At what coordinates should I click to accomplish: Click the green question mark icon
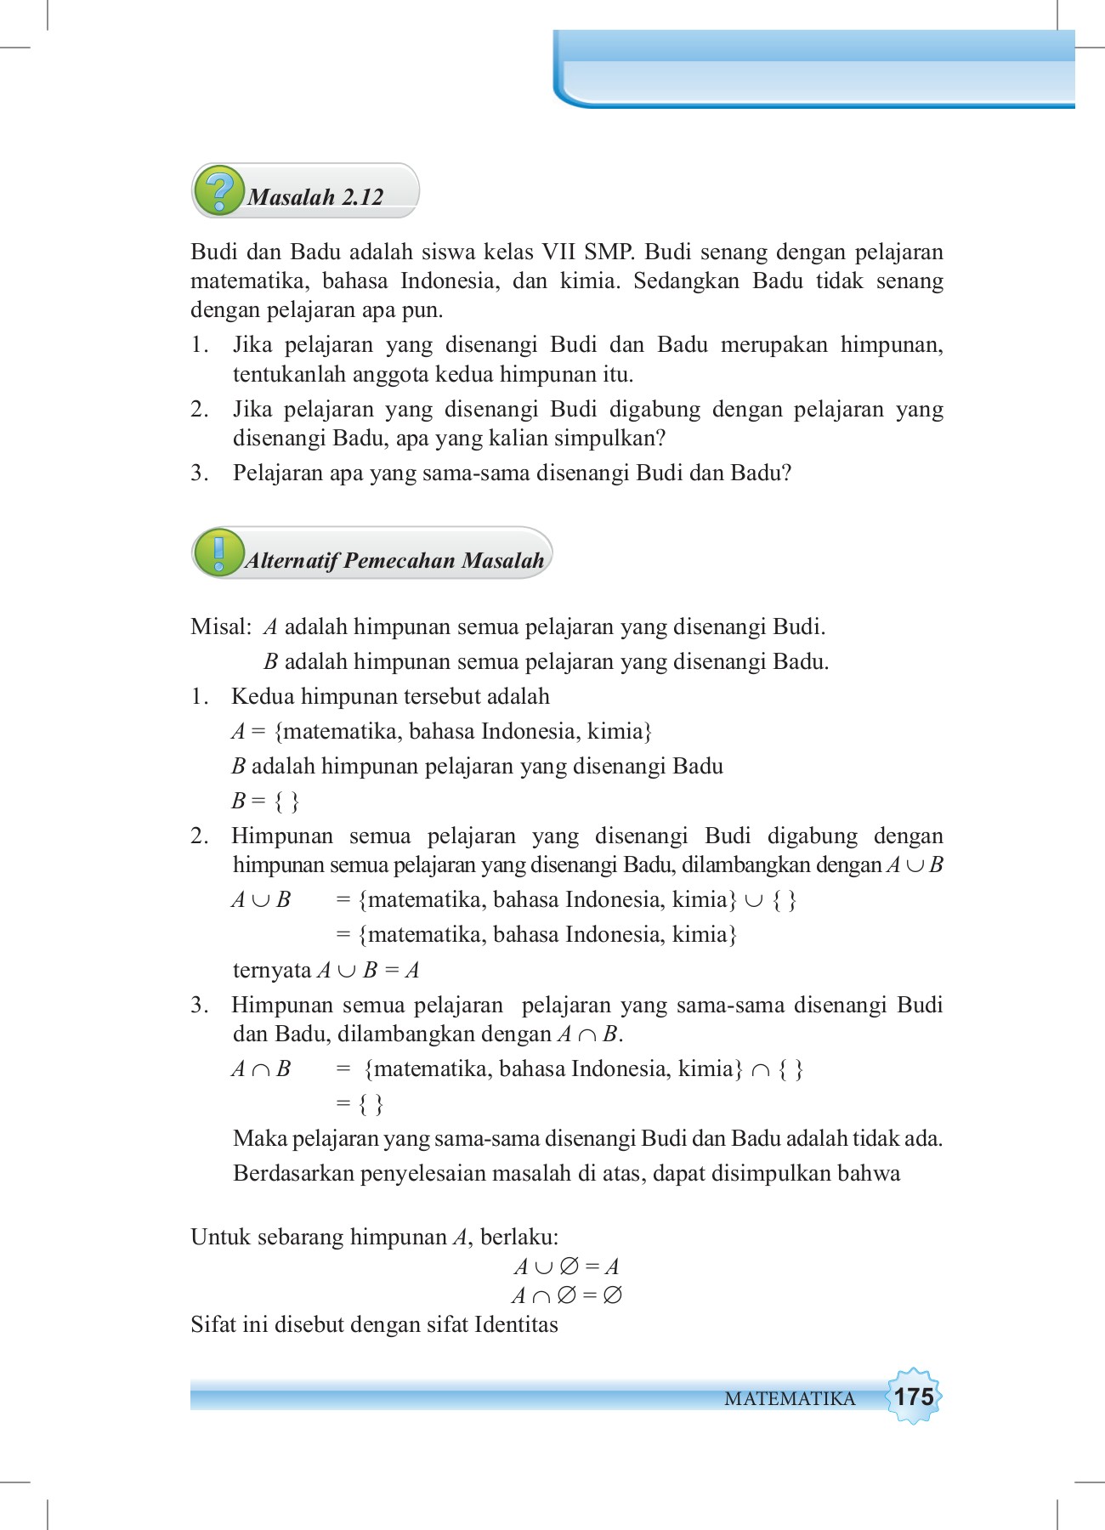pyautogui.click(x=219, y=190)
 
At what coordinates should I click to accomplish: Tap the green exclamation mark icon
pyautogui.click(x=219, y=552)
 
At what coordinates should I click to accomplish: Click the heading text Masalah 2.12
pyautogui.click(x=315, y=197)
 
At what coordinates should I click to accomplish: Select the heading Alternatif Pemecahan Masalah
pyautogui.click(x=395, y=560)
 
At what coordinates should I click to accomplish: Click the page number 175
pyautogui.click(x=914, y=1397)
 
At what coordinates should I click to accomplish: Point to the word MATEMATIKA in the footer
pyautogui.click(x=790, y=1399)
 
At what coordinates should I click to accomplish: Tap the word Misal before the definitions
pyautogui.click(x=219, y=627)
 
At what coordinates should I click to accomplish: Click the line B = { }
pyautogui.click(x=265, y=801)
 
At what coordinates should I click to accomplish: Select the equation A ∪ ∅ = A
pyautogui.click(x=567, y=1266)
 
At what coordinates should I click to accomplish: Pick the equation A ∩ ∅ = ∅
pyautogui.click(x=567, y=1295)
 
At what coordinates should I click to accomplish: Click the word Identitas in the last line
pyautogui.click(x=516, y=1324)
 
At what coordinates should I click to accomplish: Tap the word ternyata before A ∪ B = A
pyautogui.click(x=272, y=970)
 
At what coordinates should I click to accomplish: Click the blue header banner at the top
pyautogui.click(x=814, y=70)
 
